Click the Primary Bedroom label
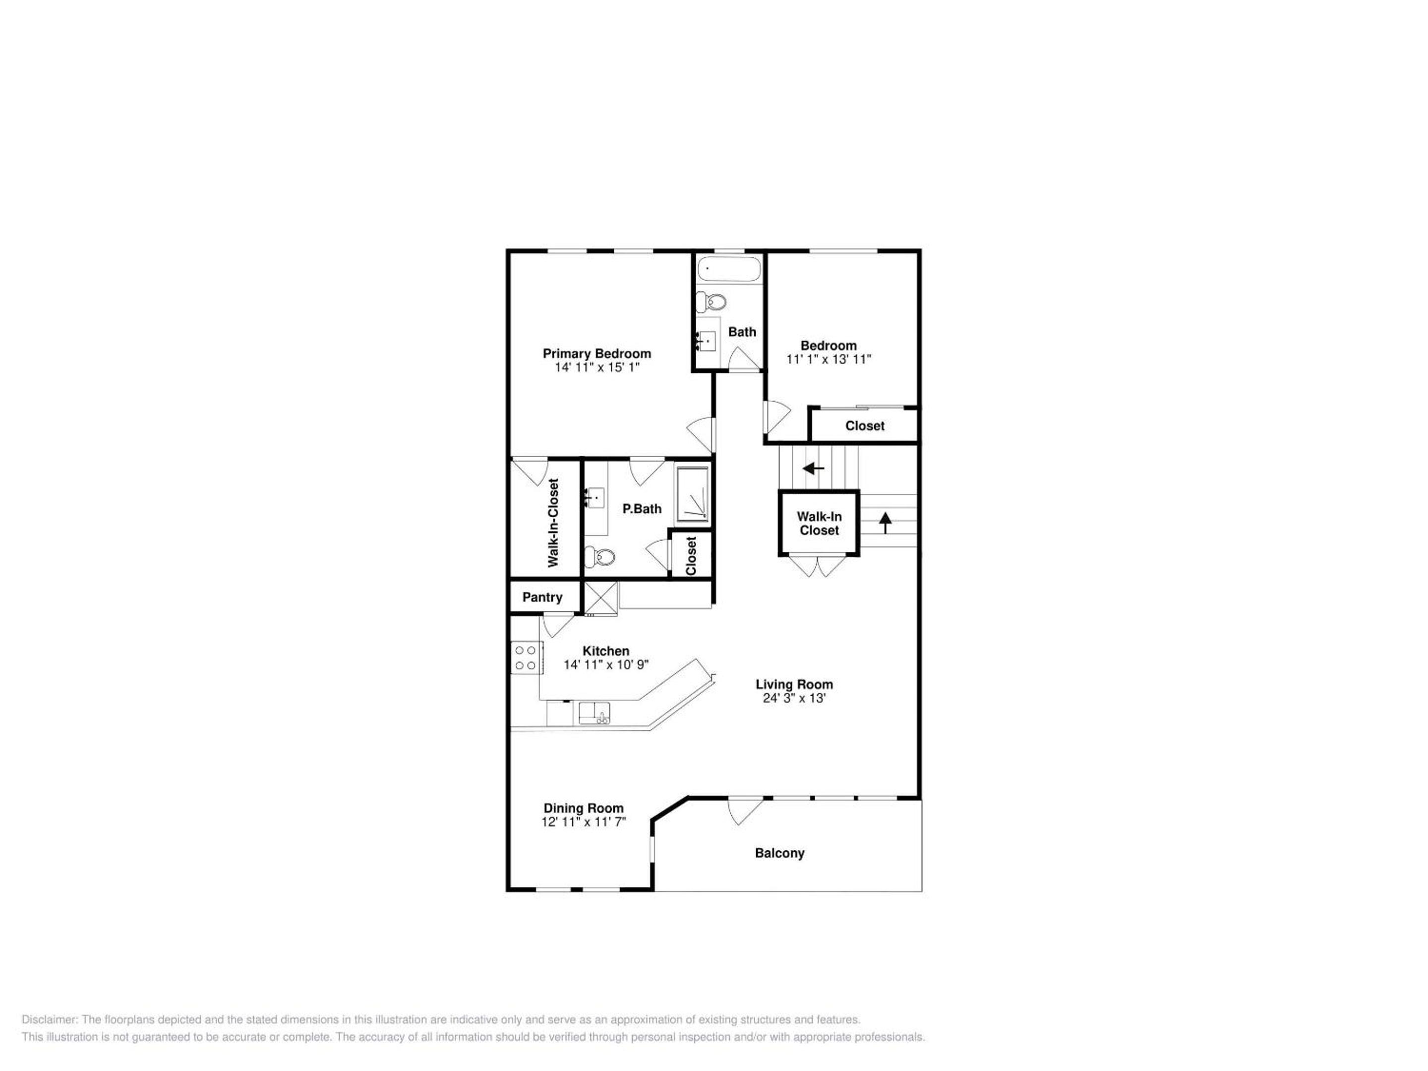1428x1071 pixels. (596, 353)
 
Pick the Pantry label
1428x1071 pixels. (542, 597)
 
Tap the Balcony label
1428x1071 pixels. (780, 853)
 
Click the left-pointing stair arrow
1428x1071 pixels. (814, 468)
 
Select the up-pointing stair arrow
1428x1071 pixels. (885, 522)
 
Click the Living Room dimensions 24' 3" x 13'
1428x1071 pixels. (794, 698)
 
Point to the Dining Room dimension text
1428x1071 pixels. (584, 822)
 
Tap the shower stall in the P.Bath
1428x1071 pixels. (692, 494)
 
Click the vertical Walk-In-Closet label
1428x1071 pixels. (553, 523)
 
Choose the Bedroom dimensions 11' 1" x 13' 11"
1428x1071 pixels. (829, 359)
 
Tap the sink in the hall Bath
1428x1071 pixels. (707, 338)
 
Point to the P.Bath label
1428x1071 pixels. (642, 509)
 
